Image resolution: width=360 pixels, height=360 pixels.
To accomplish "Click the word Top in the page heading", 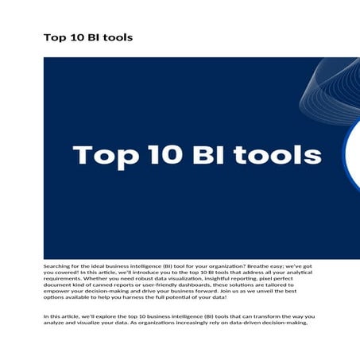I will pos(54,37).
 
